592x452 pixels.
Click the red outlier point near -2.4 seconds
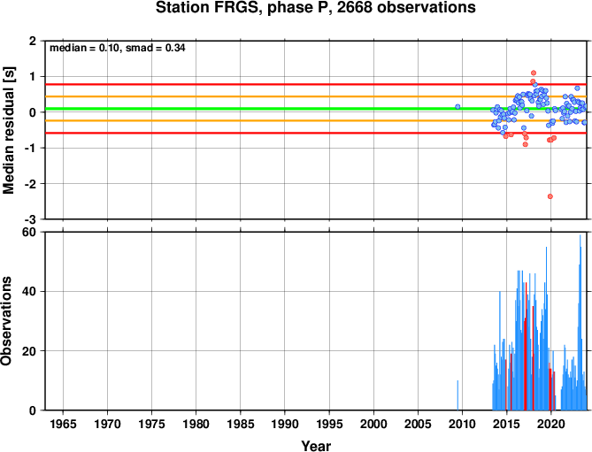pyautogui.click(x=550, y=196)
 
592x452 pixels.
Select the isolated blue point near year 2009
pyautogui.click(x=457, y=107)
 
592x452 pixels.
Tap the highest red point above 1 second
pyautogui.click(x=534, y=73)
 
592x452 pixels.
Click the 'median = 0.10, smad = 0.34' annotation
pyautogui.click(x=118, y=48)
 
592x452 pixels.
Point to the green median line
pyautogui.click(x=316, y=109)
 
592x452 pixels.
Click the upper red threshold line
pyautogui.click(x=316, y=84)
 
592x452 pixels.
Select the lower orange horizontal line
pyautogui.click(x=316, y=120)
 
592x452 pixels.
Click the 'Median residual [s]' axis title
pyautogui.click(x=8, y=130)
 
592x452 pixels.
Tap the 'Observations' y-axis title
pyautogui.click(x=6, y=321)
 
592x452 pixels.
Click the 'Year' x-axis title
pyautogui.click(x=316, y=446)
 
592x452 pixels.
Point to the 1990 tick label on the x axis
pyautogui.click(x=285, y=424)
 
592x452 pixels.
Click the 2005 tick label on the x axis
pyautogui.click(x=418, y=424)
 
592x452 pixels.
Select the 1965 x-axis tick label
pyautogui.click(x=63, y=424)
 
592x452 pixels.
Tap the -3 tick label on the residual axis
pyautogui.click(x=34, y=219)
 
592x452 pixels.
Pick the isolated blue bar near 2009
pyautogui.click(x=457, y=395)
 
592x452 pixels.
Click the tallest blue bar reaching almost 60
pyautogui.click(x=580, y=322)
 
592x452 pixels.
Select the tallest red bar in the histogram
pyautogui.click(x=526, y=346)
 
